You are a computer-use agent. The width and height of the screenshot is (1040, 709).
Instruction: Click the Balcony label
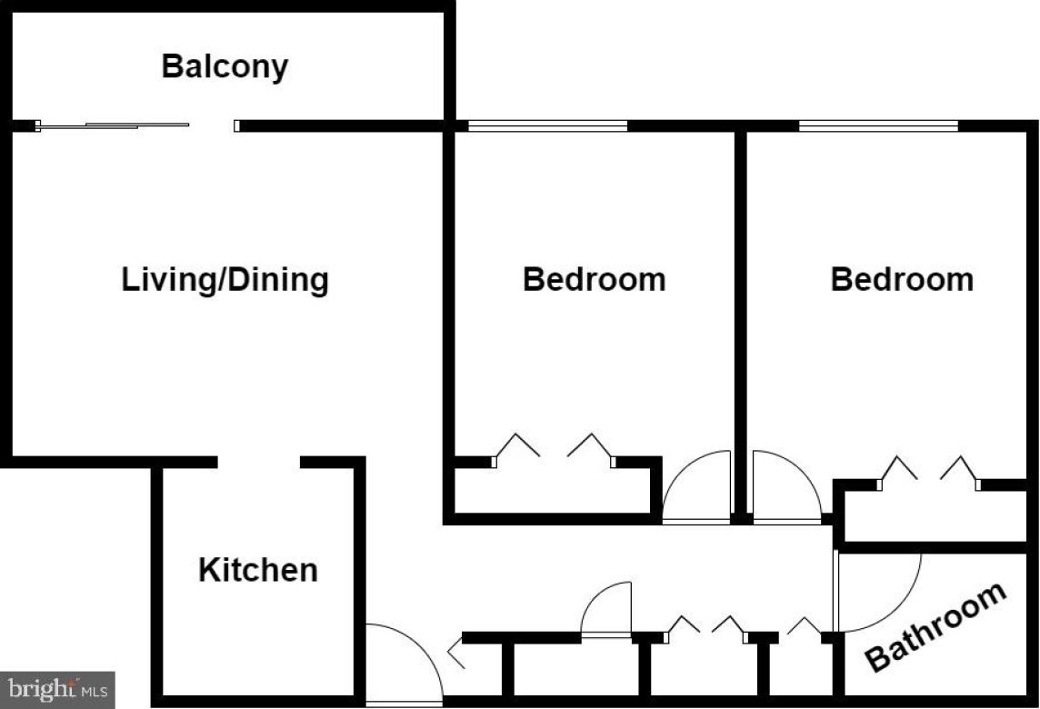(225, 66)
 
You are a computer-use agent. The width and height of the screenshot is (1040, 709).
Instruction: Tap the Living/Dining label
(225, 279)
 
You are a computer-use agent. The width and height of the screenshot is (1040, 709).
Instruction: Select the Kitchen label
(258, 570)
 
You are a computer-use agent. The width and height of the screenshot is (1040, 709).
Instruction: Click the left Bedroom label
(594, 279)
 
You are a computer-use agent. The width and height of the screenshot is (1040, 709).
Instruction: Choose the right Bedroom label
(902, 279)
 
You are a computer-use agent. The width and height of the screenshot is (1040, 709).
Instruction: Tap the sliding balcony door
(114, 125)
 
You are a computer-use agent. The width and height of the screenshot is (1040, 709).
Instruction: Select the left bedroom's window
(547, 125)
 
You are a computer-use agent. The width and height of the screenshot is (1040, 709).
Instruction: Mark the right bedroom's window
(878, 125)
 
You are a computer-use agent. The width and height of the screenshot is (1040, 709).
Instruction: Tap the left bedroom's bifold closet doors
(554, 448)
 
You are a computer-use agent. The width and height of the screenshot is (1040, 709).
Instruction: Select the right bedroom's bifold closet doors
(928, 470)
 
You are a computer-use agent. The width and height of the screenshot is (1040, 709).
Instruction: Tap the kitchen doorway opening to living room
(259, 463)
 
